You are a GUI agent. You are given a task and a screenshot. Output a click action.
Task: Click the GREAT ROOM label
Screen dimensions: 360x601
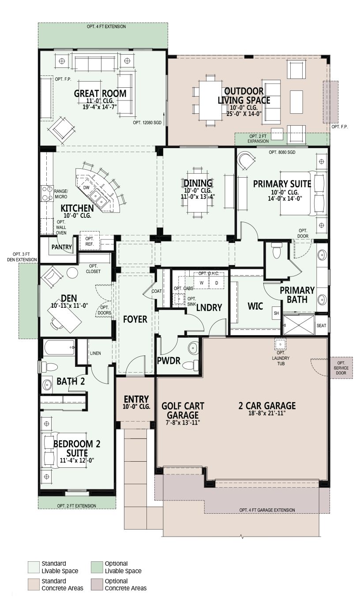100,93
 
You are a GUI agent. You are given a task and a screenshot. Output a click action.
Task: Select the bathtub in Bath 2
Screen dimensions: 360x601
59,347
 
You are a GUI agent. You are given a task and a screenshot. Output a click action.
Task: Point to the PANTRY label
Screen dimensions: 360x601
61,247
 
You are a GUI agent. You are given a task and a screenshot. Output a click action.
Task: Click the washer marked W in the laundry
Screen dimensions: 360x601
201,283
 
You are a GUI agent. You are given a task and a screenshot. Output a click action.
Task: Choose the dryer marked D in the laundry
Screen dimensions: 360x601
216,283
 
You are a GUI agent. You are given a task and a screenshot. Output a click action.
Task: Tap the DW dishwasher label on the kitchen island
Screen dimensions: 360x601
86,187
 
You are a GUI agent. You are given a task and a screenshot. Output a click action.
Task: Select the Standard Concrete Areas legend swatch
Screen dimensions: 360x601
34,585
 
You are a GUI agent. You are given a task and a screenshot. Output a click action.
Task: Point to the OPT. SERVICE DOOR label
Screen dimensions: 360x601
341,368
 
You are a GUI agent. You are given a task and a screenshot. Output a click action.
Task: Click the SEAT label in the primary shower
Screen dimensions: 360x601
321,325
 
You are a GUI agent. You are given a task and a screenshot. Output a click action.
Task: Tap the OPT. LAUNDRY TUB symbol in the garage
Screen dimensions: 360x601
280,344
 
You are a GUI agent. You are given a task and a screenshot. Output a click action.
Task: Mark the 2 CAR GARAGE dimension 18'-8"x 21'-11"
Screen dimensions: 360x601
267,413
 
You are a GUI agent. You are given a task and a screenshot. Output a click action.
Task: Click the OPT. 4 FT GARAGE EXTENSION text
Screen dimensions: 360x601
267,510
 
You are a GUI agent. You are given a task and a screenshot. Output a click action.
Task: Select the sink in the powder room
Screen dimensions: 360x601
193,348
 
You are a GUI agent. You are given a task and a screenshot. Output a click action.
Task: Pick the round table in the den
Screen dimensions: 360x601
72,273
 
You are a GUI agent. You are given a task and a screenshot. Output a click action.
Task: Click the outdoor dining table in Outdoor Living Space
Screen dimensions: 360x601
207,101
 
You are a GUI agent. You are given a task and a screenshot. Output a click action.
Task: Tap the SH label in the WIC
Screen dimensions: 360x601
277,313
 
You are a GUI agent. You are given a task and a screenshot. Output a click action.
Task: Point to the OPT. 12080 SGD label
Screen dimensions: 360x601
147,122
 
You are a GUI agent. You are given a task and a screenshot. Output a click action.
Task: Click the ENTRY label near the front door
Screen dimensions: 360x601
136,399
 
